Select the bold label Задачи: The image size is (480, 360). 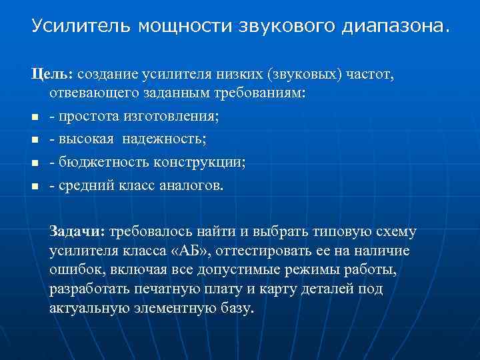(x=77, y=232)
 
